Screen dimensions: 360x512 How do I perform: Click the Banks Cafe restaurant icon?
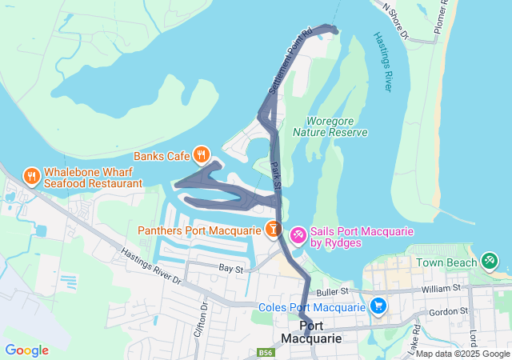coord(201,154)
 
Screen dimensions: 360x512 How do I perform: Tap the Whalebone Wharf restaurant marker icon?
coord(32,175)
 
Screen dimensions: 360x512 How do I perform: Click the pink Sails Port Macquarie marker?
coord(298,234)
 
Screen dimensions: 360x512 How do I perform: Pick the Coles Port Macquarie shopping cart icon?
coord(378,306)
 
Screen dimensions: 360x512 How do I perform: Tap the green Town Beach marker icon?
coord(489,261)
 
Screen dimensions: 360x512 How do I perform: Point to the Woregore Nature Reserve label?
coord(330,126)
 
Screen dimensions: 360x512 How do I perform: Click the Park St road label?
coord(277,178)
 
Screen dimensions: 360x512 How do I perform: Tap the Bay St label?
coord(230,270)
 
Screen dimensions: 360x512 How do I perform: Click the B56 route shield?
coord(266,352)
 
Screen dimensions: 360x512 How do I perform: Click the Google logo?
coord(26,350)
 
